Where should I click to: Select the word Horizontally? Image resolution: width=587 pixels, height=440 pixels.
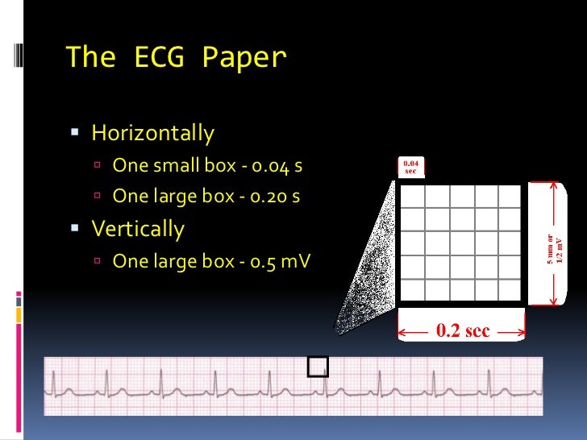coord(152,132)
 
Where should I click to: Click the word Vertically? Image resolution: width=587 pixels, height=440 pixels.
coord(138,229)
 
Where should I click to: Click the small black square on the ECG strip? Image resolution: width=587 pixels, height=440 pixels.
coord(318,367)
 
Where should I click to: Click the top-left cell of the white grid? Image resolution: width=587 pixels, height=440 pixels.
coord(412,196)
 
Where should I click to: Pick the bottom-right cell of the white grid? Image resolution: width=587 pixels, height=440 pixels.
coord(510,289)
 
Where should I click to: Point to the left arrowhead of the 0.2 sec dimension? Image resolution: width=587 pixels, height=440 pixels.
coord(402,331)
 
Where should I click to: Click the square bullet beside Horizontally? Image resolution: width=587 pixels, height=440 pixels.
coord(75,131)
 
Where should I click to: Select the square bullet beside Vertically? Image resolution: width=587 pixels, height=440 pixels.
coord(75,229)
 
